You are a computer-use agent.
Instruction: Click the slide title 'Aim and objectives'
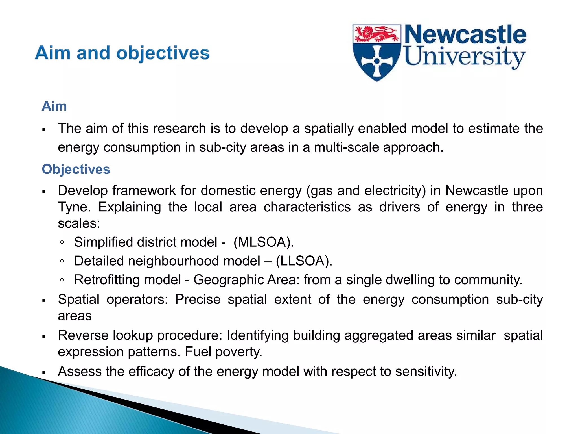tap(122, 53)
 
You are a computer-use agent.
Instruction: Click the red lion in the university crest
tap(377, 34)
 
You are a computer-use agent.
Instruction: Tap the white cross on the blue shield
tap(377, 61)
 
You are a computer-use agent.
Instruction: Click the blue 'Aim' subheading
tap(54, 107)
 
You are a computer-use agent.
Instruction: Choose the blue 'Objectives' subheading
tap(76, 170)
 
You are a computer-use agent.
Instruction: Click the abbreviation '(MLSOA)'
tap(264, 242)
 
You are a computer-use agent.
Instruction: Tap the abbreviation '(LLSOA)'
tap(304, 261)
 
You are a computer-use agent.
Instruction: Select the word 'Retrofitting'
tap(127, 280)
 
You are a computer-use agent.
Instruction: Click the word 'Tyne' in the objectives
tap(74, 207)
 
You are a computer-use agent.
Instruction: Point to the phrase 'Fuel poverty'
tap(224, 352)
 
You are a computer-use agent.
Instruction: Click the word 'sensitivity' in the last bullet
tap(426, 372)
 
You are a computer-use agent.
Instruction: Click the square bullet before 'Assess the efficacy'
tap(44, 373)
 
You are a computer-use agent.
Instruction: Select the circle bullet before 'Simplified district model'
tap(62, 242)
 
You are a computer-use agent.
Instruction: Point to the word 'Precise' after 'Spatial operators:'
tap(198, 300)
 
